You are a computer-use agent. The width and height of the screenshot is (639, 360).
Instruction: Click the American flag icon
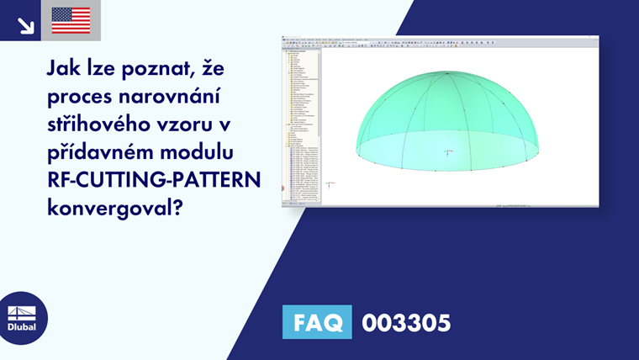[71, 19]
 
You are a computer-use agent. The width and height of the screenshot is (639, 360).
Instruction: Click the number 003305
[406, 322]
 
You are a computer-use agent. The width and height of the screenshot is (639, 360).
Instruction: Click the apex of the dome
[448, 72]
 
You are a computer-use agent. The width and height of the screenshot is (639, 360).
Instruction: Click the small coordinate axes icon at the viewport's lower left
[331, 183]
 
